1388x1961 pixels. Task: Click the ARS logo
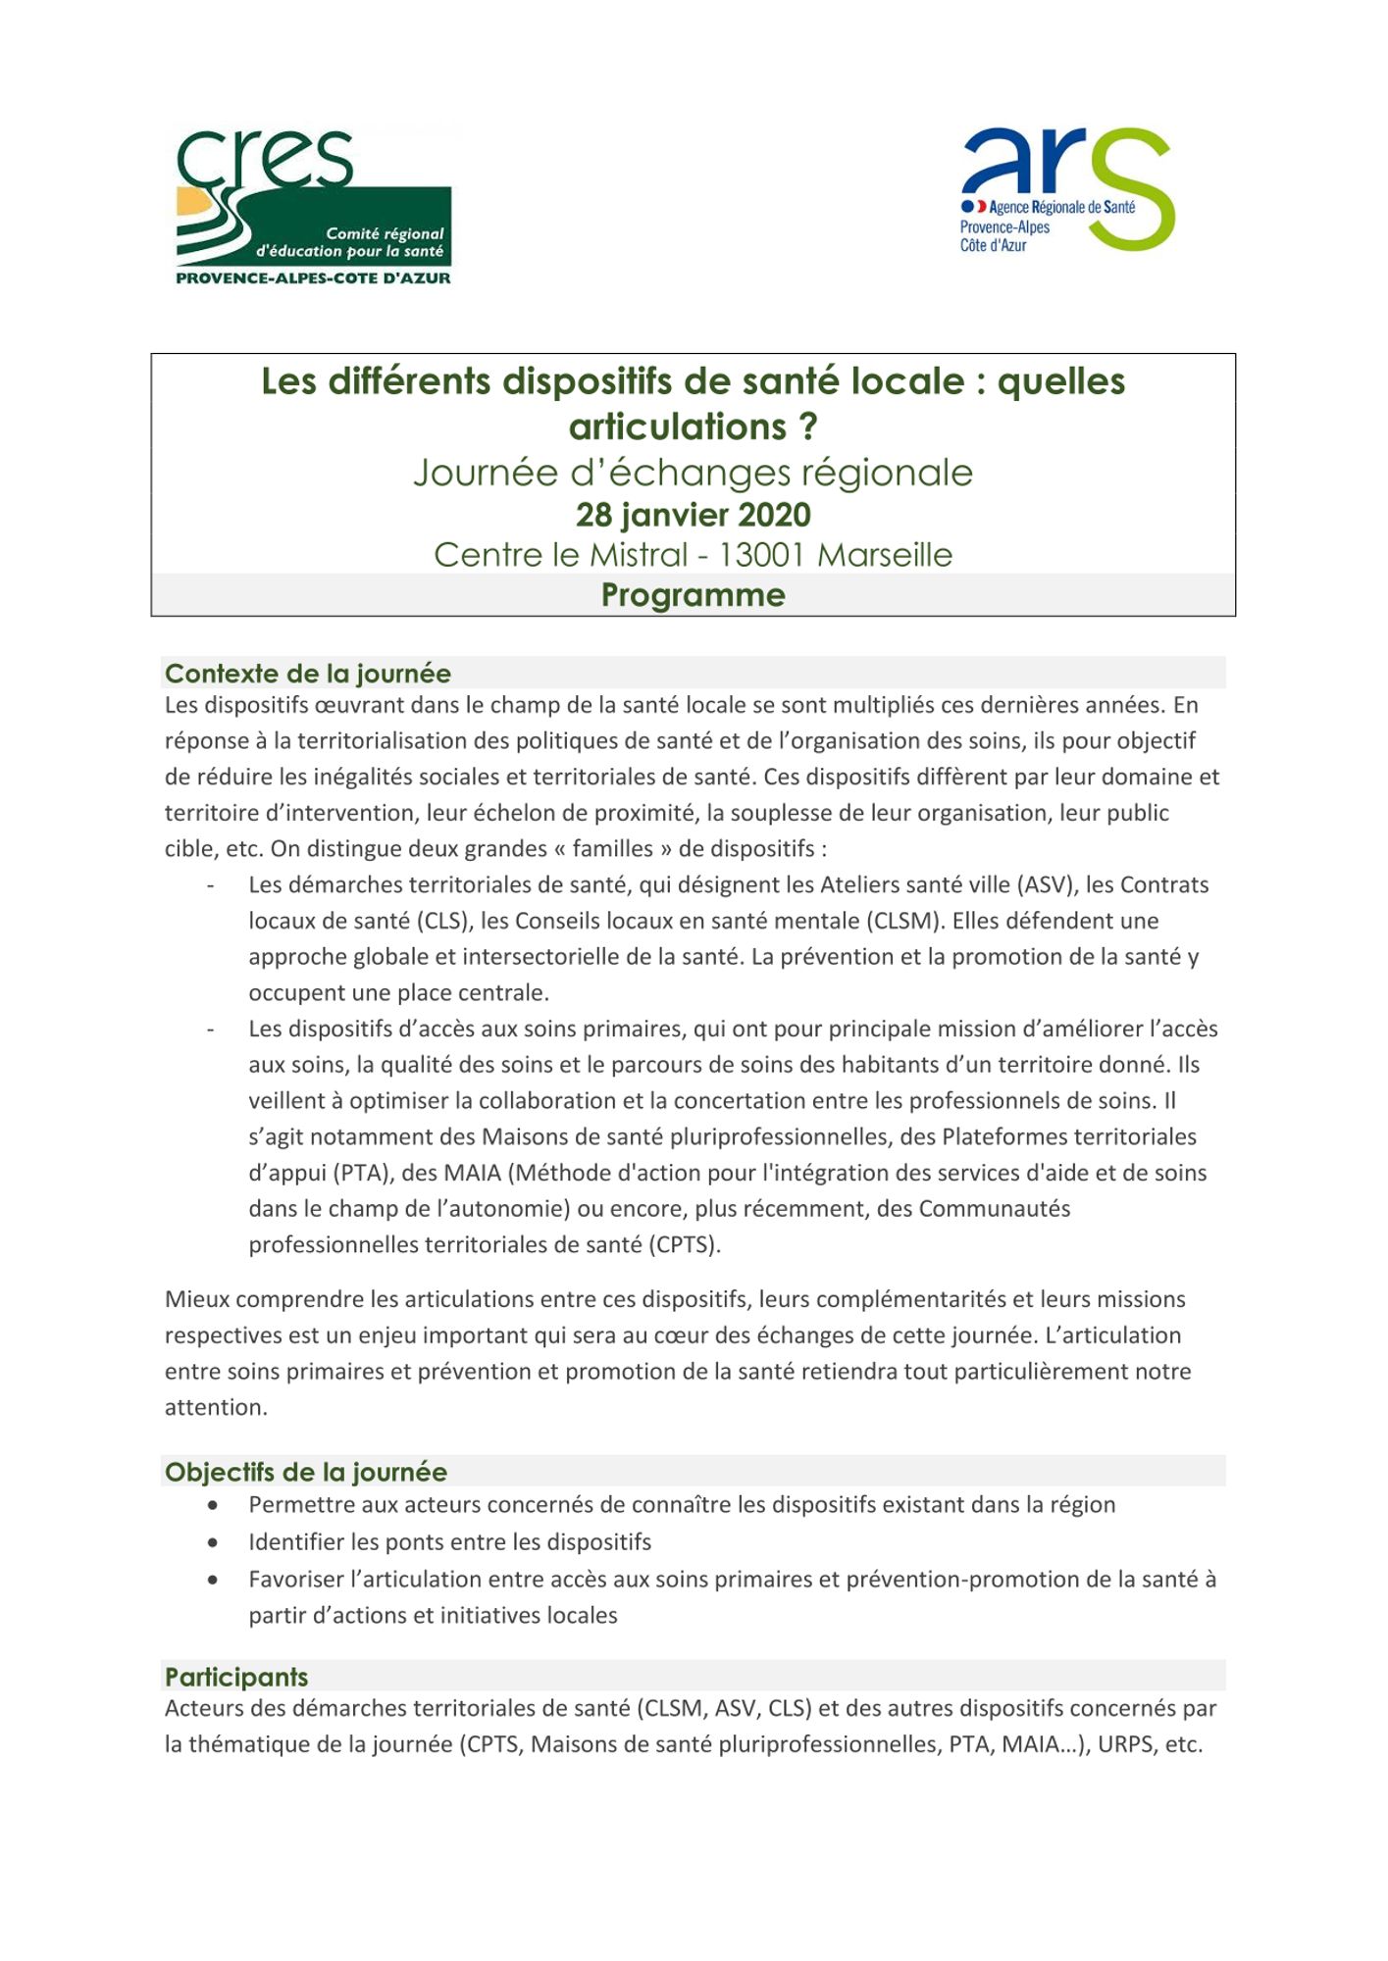[x=1067, y=188]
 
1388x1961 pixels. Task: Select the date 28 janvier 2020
[x=693, y=515]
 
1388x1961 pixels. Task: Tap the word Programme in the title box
[x=693, y=595]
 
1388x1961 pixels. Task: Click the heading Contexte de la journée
[x=308, y=674]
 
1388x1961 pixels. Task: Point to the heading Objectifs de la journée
[x=306, y=1472]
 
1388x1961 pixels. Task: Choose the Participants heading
[x=236, y=1677]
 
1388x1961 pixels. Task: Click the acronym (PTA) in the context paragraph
[x=360, y=1173]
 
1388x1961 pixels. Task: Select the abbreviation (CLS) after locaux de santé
[x=441, y=921]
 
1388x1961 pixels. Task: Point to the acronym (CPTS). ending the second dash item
[x=685, y=1245]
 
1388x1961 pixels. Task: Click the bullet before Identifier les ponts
[x=213, y=1542]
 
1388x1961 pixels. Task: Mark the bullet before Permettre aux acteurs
[x=213, y=1505]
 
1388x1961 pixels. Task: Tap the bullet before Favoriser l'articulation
[x=213, y=1580]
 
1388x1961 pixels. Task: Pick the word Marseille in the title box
[x=885, y=555]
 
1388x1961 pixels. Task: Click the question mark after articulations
[x=808, y=427]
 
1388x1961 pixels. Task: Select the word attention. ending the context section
[x=216, y=1407]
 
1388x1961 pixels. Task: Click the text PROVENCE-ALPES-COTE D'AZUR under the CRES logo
[x=313, y=278]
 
